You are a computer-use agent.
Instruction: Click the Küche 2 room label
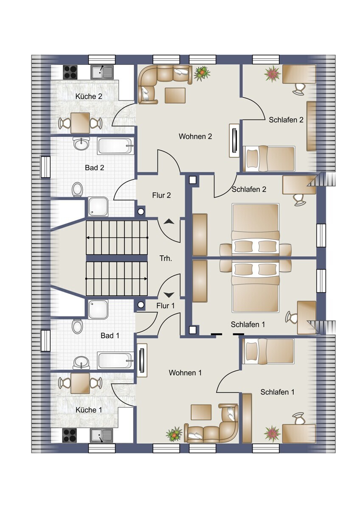click(89, 96)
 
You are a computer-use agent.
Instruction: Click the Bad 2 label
click(95, 168)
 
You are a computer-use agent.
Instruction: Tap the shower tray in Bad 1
click(98, 310)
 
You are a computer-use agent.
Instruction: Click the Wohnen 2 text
click(195, 136)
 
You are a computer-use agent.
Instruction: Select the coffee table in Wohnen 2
click(175, 95)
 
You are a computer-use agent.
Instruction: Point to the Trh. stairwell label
click(166, 258)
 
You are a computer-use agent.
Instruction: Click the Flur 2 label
click(161, 195)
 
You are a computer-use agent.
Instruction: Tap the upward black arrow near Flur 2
click(169, 222)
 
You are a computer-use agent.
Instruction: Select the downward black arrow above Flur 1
click(169, 295)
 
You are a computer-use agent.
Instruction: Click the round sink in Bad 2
click(81, 144)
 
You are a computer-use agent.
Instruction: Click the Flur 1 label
click(166, 306)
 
